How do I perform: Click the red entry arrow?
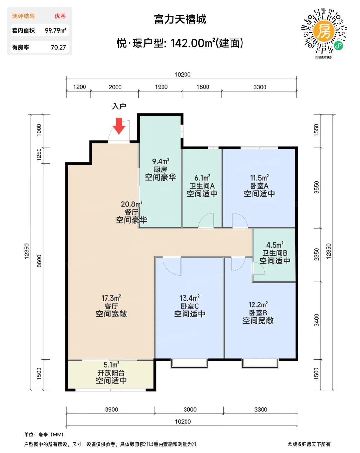pos(118,126)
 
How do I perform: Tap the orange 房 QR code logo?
pos(324,31)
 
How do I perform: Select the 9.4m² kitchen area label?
pos(161,161)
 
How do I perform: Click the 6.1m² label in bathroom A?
pos(202,178)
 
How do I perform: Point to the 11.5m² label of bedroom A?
pos(259,178)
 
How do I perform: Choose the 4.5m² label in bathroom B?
pos(275,245)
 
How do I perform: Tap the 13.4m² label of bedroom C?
pos(189,298)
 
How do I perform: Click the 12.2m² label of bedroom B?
pos(258,304)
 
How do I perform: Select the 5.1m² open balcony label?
pos(111,365)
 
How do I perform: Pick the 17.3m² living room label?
pos(111,298)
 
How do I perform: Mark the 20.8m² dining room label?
pos(131,204)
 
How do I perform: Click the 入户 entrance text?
pos(119,106)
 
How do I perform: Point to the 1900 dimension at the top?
pos(161,87)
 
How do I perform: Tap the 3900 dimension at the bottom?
pos(111,409)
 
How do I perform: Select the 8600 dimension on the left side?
pos(39,261)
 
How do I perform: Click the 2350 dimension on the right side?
pos(316,254)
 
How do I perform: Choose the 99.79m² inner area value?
pos(55,30)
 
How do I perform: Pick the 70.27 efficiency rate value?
pos(58,47)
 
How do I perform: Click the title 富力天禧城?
pos(180,19)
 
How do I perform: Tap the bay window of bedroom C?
pos(189,364)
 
